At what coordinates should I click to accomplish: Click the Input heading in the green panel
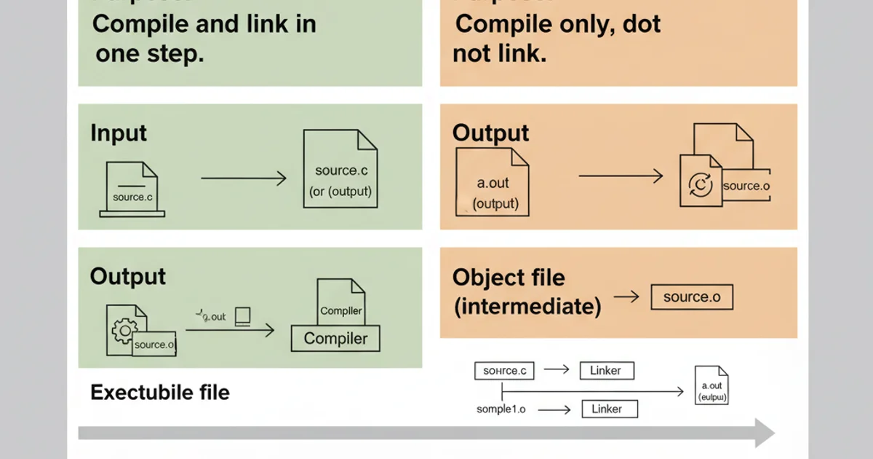[119, 133]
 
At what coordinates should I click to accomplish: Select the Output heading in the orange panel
[490, 133]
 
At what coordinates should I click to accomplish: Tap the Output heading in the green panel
[128, 277]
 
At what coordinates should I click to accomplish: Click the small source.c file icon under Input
[132, 189]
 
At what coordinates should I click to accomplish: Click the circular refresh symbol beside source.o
[700, 185]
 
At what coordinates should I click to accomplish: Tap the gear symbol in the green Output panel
[124, 331]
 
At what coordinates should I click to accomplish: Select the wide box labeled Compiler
[335, 338]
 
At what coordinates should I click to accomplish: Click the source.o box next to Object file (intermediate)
[691, 297]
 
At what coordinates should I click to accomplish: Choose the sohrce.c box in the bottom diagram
[504, 371]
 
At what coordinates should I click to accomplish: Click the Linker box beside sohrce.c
[607, 371]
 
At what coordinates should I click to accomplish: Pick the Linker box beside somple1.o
[610, 409]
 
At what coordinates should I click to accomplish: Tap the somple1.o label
[501, 409]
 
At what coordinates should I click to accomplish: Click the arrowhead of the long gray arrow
[764, 433]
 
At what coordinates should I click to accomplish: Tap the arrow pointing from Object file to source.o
[626, 297]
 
